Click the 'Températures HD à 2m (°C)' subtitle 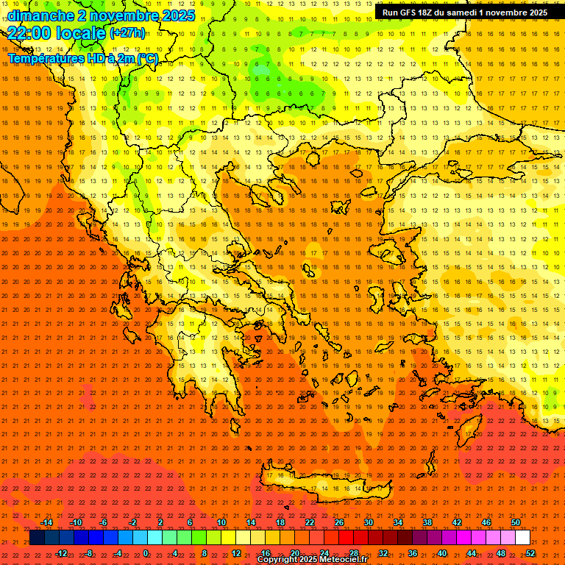(x=83, y=58)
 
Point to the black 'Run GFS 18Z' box (x=465, y=13)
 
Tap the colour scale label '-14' (x=46, y=522)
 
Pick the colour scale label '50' (x=516, y=522)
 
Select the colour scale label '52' (x=530, y=552)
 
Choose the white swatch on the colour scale (x=522, y=538)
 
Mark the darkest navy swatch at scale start (x=37, y=538)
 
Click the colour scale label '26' (x=339, y=522)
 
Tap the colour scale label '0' (x=146, y=552)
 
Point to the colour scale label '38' (x=427, y=522)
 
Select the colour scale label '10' (x=221, y=522)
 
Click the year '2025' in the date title (x=178, y=15)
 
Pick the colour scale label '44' (x=472, y=552)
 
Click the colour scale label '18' (x=280, y=522)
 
